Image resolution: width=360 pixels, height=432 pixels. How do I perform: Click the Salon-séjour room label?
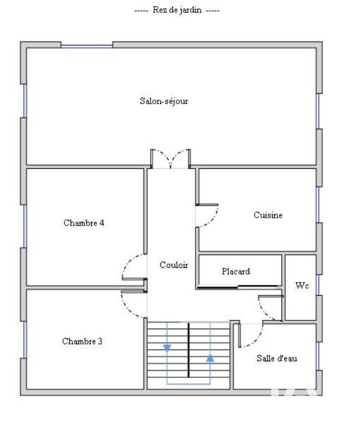(x=164, y=101)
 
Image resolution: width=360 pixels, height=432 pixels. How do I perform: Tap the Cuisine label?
(x=268, y=215)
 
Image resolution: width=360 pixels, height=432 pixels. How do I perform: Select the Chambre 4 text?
(x=84, y=222)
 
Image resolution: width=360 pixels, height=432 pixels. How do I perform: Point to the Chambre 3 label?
(x=82, y=341)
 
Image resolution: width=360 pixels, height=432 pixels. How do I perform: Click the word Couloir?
(x=174, y=265)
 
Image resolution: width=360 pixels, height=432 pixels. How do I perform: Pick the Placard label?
(x=236, y=271)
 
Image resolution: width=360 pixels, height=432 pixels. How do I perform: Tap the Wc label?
(x=302, y=285)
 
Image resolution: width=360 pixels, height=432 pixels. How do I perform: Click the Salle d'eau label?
(x=276, y=358)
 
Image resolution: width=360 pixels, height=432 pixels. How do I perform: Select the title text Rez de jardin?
(x=177, y=10)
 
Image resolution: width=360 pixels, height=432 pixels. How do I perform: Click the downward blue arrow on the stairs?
(x=167, y=348)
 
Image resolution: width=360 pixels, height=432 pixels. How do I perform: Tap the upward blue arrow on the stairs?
(x=210, y=358)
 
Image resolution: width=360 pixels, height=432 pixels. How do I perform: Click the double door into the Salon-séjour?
(x=171, y=159)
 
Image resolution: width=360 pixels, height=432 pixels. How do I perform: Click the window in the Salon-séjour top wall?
(x=87, y=46)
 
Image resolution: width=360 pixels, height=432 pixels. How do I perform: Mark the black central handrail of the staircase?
(x=189, y=350)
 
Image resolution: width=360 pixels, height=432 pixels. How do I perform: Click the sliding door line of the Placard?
(x=238, y=287)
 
